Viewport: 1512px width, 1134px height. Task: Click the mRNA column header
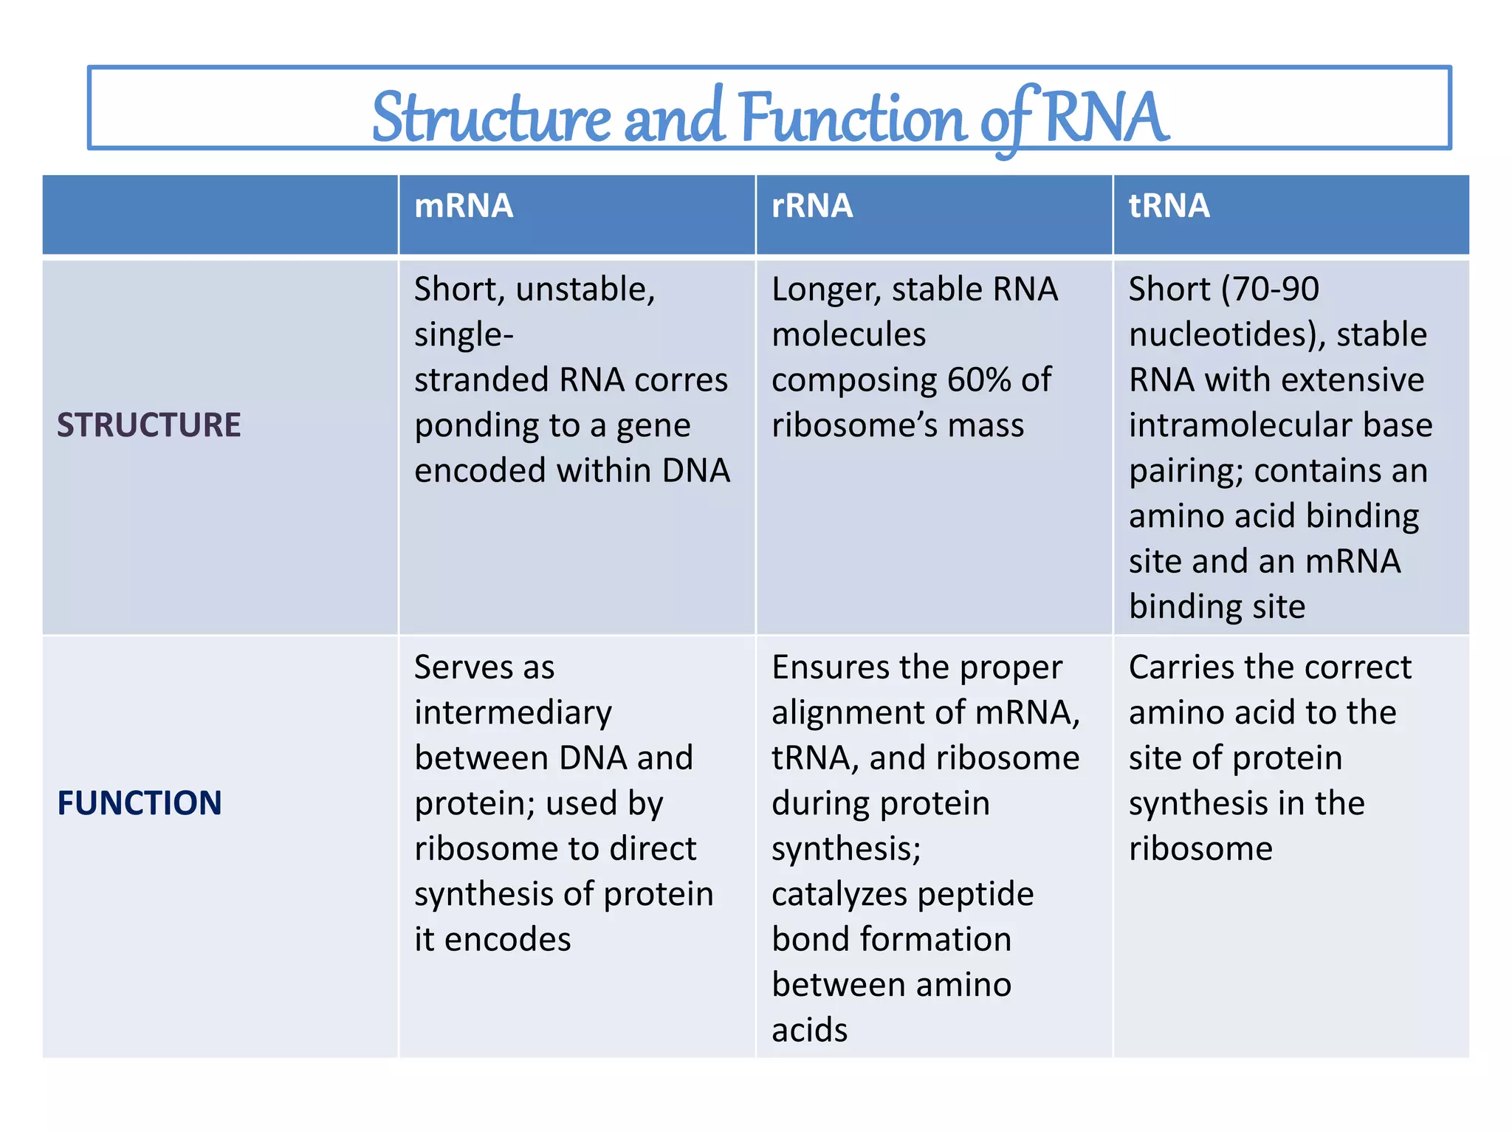(464, 206)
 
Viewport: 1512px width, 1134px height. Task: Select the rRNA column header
(812, 206)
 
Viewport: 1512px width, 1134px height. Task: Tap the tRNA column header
(1169, 206)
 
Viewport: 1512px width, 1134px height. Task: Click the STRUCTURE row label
(149, 425)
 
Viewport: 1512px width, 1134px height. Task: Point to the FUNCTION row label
(140, 803)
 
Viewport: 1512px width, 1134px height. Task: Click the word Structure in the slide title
(492, 118)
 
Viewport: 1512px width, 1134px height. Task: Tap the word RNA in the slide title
(1105, 117)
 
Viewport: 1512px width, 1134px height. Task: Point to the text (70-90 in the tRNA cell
(1270, 289)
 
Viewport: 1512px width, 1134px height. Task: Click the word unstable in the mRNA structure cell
(585, 289)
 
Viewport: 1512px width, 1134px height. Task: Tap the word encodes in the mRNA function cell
(507, 940)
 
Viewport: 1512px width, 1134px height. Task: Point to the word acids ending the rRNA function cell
(810, 1031)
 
